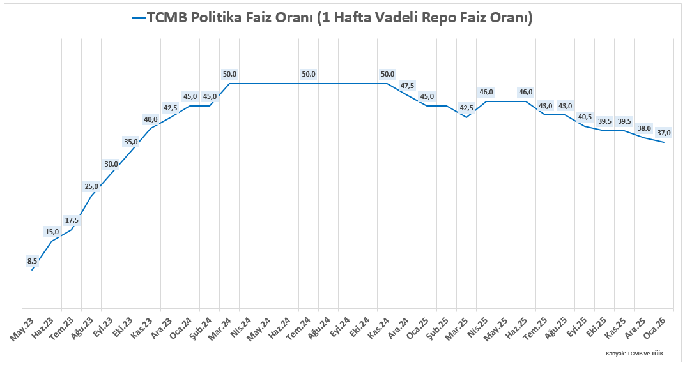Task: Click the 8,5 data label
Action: (x=33, y=260)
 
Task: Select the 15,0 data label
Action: (x=52, y=232)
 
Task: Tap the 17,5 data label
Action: (x=72, y=220)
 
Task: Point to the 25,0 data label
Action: (x=91, y=186)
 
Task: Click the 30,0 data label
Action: (x=111, y=164)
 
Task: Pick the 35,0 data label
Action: (x=131, y=142)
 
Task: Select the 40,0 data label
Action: (x=151, y=119)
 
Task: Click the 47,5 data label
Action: (x=407, y=86)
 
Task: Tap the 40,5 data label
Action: (x=585, y=117)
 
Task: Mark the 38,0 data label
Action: (x=644, y=128)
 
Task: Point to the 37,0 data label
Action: (x=664, y=133)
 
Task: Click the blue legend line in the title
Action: (x=139, y=18)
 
